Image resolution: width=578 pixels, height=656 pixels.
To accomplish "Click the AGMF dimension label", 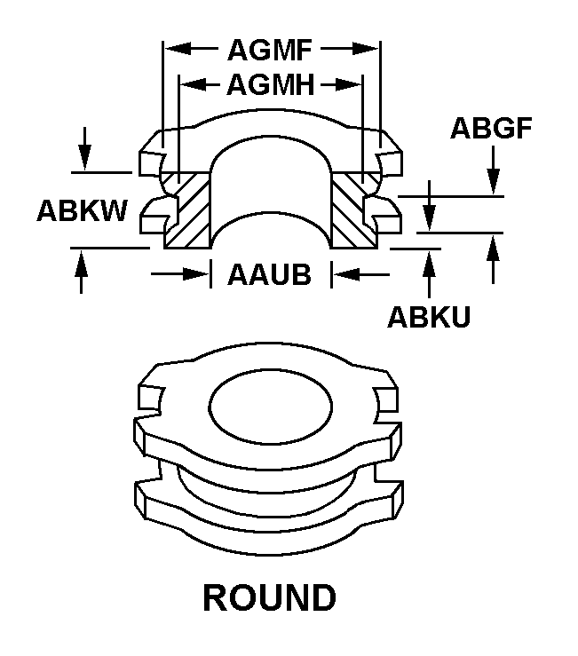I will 271,48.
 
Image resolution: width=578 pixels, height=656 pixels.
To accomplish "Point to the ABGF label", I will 491,129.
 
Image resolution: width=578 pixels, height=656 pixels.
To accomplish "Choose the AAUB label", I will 270,275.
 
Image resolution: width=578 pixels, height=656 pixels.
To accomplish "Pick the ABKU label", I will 429,317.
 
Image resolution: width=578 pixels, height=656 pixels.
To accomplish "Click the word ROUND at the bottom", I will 270,597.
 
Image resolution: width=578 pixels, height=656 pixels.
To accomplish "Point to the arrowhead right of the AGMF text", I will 371,48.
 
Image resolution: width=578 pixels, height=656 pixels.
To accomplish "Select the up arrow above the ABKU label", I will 430,259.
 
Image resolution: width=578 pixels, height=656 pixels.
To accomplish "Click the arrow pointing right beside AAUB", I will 201,275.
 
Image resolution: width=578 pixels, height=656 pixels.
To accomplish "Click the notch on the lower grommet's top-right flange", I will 387,400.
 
